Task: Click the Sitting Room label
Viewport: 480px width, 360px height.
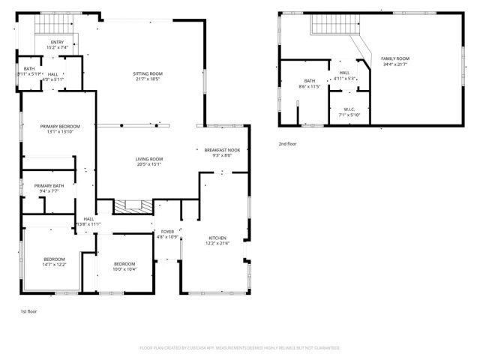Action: [148, 73]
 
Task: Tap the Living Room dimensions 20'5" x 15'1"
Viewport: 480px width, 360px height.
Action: [148, 164]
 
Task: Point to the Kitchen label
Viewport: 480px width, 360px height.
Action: [217, 238]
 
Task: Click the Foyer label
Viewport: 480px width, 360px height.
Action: [167, 232]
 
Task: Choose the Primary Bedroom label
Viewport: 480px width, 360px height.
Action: [59, 126]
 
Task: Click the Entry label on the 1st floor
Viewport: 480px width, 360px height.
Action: [58, 42]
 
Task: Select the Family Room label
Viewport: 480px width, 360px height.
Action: [395, 58]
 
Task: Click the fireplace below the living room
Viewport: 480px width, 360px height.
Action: [132, 206]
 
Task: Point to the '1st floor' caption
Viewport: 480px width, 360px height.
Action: [28, 310]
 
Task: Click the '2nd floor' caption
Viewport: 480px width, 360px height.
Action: [288, 143]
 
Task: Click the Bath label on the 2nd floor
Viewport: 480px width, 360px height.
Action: [310, 81]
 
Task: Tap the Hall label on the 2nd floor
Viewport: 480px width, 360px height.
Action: [345, 73]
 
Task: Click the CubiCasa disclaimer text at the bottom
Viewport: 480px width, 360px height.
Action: [240, 348]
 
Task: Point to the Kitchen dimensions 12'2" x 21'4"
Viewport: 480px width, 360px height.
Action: [217, 243]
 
